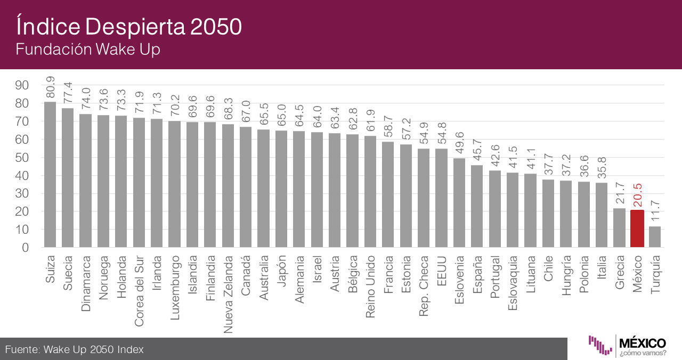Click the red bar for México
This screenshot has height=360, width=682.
click(637, 228)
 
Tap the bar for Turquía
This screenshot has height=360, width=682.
click(655, 236)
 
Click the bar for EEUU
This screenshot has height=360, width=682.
click(441, 198)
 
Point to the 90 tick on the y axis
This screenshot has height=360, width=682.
click(22, 85)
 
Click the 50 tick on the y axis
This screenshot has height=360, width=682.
click(22, 158)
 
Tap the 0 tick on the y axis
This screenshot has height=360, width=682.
click(25, 248)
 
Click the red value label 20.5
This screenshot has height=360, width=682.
click(637, 194)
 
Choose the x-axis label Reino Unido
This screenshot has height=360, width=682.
click(370, 286)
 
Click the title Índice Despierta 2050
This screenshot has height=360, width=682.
click(128, 26)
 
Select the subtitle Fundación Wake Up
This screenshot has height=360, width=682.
click(88, 50)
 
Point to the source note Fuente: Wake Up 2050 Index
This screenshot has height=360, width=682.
click(75, 349)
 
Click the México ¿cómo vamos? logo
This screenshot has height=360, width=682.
click(627, 346)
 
